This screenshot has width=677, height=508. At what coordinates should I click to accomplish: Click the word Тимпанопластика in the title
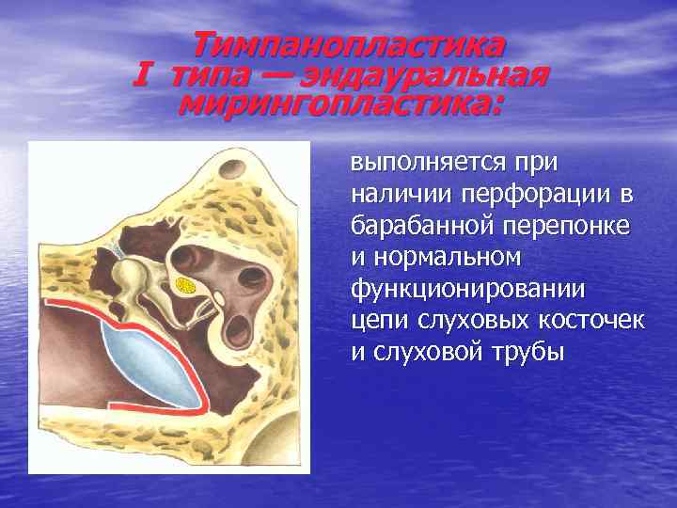(x=348, y=44)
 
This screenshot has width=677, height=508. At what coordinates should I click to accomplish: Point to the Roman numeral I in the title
(x=143, y=73)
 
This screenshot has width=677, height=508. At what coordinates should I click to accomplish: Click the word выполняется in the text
(x=424, y=163)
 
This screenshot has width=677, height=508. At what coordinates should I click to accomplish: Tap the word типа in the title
(x=202, y=73)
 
